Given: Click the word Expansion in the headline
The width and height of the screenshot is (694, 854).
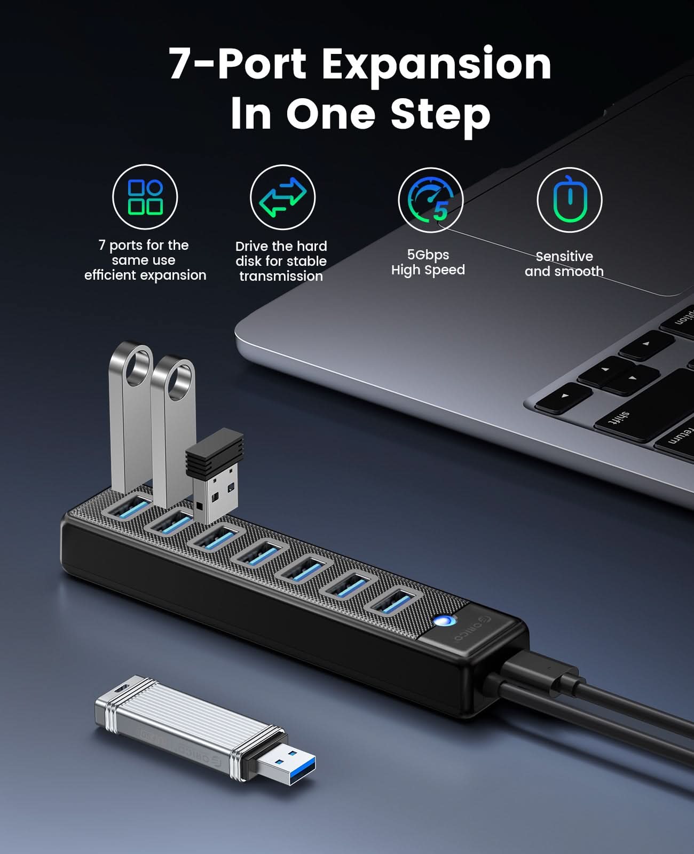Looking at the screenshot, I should coord(436,64).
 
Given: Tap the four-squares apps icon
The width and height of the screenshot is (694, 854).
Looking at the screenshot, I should coord(145,197).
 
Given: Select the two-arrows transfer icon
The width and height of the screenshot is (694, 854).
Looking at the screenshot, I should coord(283,197).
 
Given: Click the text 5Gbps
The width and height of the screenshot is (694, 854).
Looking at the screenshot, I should coord(428,255).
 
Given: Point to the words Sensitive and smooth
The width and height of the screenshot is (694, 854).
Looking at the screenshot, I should coord(564,264).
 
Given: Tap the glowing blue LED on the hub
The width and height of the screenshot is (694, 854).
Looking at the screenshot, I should coord(443,621).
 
